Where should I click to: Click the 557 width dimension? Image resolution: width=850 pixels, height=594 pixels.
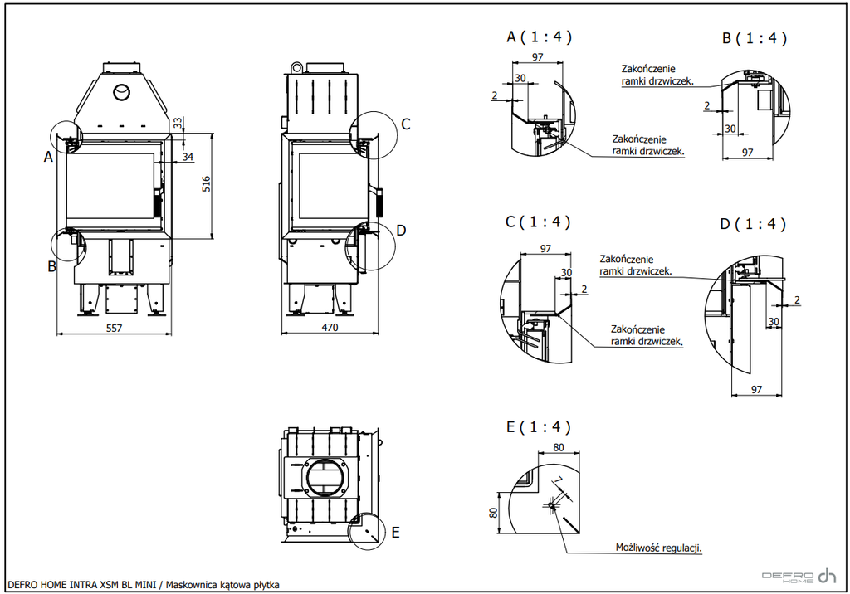coord(114,328)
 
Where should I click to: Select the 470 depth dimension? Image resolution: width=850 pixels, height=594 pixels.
coord(330,328)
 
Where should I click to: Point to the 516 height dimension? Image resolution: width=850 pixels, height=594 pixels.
coord(206,184)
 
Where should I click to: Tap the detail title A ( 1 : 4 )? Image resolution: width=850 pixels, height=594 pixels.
coord(539,37)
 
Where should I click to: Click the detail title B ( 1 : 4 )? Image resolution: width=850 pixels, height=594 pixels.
coord(754,38)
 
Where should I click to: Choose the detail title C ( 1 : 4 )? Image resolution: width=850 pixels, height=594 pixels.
coord(538,222)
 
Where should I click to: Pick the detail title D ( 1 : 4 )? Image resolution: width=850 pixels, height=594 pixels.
coord(752,224)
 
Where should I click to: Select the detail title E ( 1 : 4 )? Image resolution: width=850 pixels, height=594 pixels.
coord(538,427)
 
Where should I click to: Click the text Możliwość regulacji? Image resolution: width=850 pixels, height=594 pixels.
coord(658,548)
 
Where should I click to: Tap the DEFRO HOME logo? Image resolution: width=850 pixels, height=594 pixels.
coord(799,576)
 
